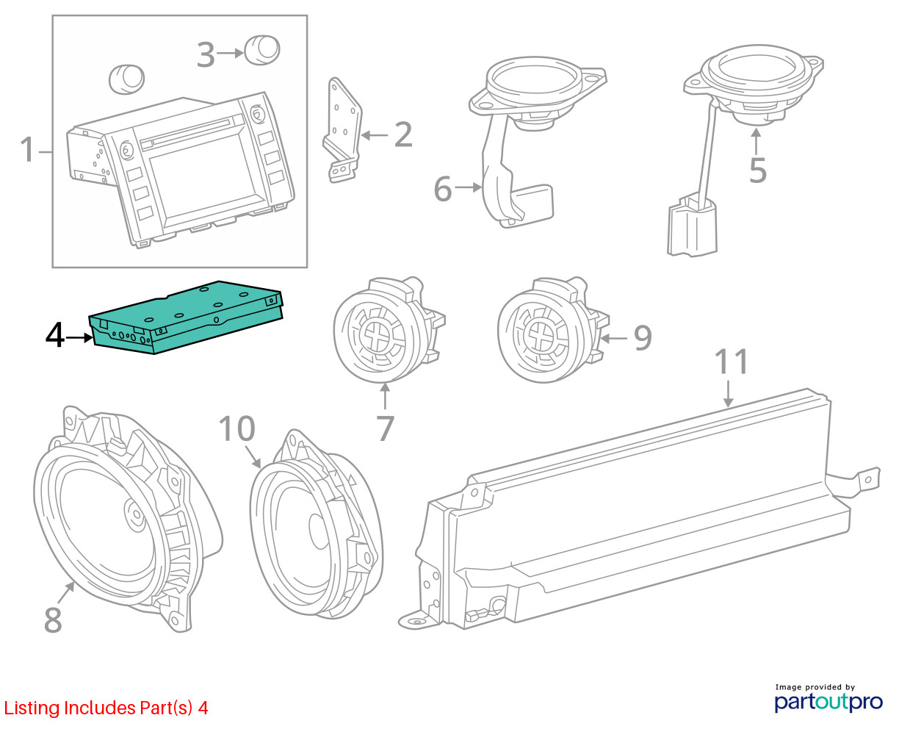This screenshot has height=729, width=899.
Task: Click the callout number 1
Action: point(27,149)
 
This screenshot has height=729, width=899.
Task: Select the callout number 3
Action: point(206,54)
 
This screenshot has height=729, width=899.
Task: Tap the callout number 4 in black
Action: point(55,335)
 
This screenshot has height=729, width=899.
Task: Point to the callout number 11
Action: point(732,362)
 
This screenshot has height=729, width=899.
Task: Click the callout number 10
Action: point(237,428)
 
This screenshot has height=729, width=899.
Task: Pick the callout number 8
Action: point(53,620)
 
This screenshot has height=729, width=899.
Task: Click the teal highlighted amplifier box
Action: point(186,317)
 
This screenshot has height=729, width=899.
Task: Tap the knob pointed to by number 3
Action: point(262,50)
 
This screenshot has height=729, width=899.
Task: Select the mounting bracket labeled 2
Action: point(343,129)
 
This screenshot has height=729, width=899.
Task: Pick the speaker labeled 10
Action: point(316,525)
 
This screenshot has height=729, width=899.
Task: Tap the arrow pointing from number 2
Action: point(375,135)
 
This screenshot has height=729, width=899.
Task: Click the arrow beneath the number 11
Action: point(728,394)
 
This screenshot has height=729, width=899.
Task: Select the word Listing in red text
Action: point(32,708)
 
